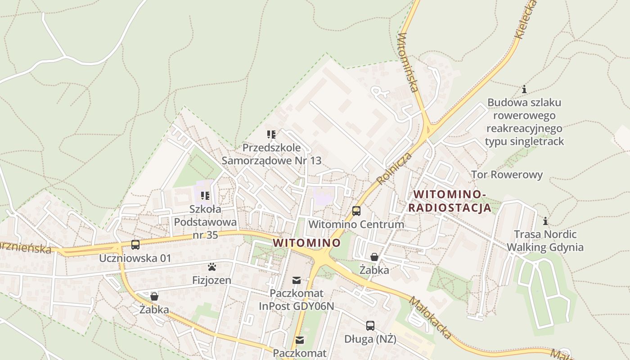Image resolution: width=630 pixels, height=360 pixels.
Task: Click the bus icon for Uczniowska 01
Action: pyautogui.click(x=135, y=245)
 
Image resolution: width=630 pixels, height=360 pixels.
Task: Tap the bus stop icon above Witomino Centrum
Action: pyautogui.click(x=356, y=211)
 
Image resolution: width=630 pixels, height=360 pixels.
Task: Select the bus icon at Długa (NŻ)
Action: pyautogui.click(x=370, y=325)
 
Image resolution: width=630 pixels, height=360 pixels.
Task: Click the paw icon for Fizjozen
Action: pyautogui.click(x=212, y=267)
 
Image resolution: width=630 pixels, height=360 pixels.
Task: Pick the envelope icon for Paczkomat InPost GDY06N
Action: pyautogui.click(x=297, y=280)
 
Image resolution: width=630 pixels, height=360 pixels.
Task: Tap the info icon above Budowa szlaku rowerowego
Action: pyautogui.click(x=524, y=89)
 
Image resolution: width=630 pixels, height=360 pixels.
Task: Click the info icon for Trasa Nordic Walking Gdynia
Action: pyautogui.click(x=545, y=221)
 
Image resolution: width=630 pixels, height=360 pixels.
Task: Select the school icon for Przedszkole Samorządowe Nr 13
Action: pyautogui.click(x=271, y=134)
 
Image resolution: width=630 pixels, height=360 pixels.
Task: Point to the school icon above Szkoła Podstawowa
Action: pyautogui.click(x=205, y=196)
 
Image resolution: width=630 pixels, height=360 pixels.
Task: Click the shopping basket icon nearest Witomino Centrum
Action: pyautogui.click(x=374, y=257)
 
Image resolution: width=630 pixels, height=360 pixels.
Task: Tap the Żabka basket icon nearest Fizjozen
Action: pyautogui.click(x=154, y=296)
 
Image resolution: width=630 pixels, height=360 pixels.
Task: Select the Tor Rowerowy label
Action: pyautogui.click(x=507, y=175)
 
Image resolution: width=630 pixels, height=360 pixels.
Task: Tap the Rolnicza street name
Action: pyautogui.click(x=389, y=169)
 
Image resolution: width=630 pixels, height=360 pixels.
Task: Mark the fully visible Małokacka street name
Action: pyautogui.click(x=430, y=317)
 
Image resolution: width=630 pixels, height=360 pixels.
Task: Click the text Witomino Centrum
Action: pyautogui.click(x=356, y=224)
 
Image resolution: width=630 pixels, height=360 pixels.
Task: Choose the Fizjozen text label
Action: pyautogui.click(x=211, y=280)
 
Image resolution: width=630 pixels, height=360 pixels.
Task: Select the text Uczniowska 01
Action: pyautogui.click(x=135, y=258)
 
